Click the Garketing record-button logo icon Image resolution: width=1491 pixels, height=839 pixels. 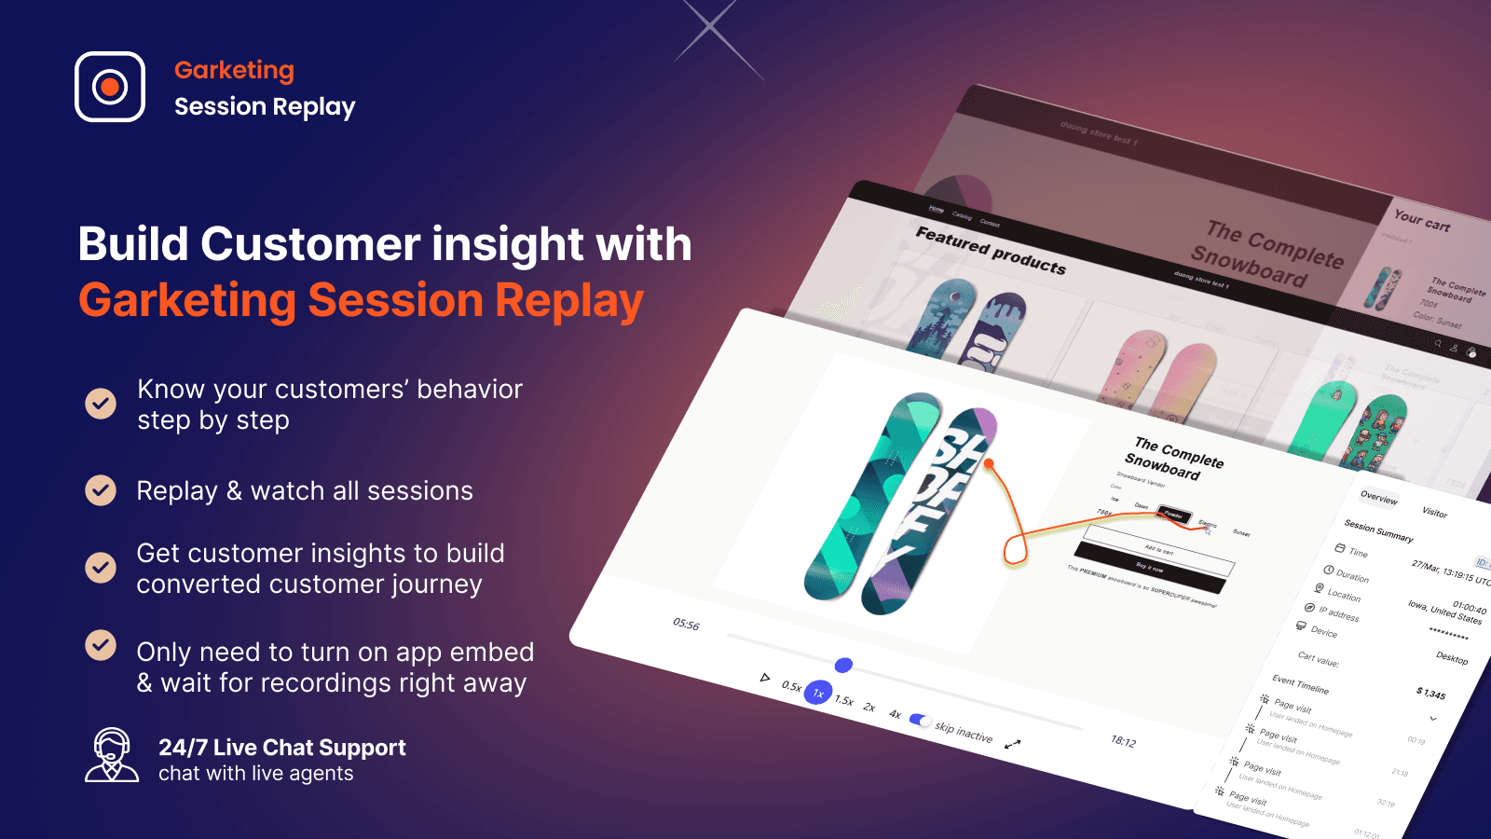110,87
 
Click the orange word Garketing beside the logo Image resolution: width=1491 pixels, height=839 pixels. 234,71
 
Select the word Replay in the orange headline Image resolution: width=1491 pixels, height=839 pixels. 568,301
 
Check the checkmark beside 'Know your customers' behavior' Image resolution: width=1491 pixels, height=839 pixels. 101,404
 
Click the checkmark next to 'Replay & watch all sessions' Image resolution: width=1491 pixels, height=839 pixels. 101,490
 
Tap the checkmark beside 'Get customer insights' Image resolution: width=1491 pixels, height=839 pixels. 101,568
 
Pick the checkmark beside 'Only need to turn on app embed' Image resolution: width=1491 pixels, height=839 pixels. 101,645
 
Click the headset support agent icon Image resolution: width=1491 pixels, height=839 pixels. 112,755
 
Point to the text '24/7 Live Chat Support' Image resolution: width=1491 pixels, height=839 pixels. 281,748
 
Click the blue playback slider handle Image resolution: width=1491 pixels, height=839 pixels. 843,665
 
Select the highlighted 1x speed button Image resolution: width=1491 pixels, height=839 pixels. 818,693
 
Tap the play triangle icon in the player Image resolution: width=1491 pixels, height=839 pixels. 765,678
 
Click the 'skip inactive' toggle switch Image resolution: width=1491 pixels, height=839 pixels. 920,720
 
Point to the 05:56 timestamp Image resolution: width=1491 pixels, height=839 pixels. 686,625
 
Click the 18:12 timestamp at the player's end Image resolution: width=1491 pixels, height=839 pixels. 1123,741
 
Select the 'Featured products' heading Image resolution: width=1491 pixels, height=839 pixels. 990,251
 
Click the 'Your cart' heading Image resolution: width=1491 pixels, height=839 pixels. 1421,221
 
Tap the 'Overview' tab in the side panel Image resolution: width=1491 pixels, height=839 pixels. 1378,498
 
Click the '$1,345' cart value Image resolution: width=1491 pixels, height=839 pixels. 1430,693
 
